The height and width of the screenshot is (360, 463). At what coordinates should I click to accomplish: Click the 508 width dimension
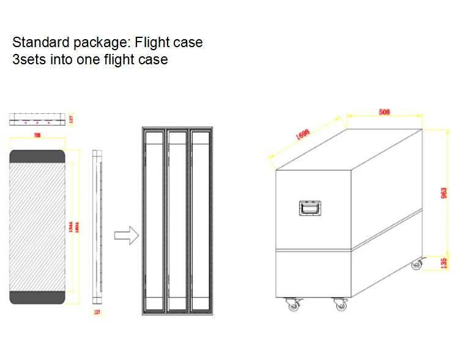[x=384, y=112]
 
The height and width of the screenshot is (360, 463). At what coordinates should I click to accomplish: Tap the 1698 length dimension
[x=303, y=135]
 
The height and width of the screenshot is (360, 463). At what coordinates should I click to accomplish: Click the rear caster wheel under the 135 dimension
[x=417, y=264]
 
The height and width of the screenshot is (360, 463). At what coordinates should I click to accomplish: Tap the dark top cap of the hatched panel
[x=37, y=156]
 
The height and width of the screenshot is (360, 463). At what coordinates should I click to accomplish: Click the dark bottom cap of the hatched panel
[x=37, y=298]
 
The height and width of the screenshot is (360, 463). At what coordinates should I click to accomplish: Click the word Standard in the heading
[x=39, y=43]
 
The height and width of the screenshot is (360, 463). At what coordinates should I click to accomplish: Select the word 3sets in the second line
[x=29, y=59]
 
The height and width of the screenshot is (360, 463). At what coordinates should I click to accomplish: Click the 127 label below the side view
[x=97, y=313]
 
